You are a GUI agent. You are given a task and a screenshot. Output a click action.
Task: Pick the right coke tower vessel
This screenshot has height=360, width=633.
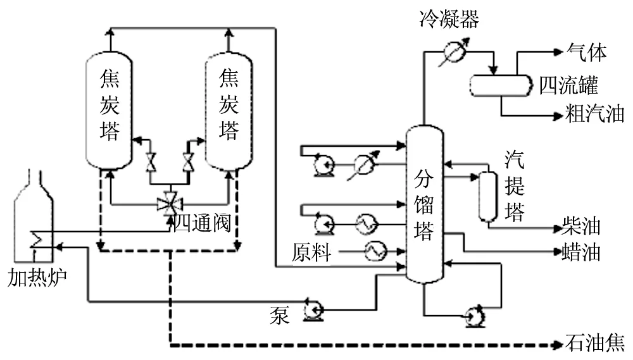click(228, 111)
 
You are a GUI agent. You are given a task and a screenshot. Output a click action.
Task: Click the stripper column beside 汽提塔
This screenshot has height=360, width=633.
click(487, 196)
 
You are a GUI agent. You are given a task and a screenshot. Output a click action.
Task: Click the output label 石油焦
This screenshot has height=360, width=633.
click(595, 345)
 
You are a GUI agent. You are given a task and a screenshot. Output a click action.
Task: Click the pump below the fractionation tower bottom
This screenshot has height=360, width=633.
click(473, 315)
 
